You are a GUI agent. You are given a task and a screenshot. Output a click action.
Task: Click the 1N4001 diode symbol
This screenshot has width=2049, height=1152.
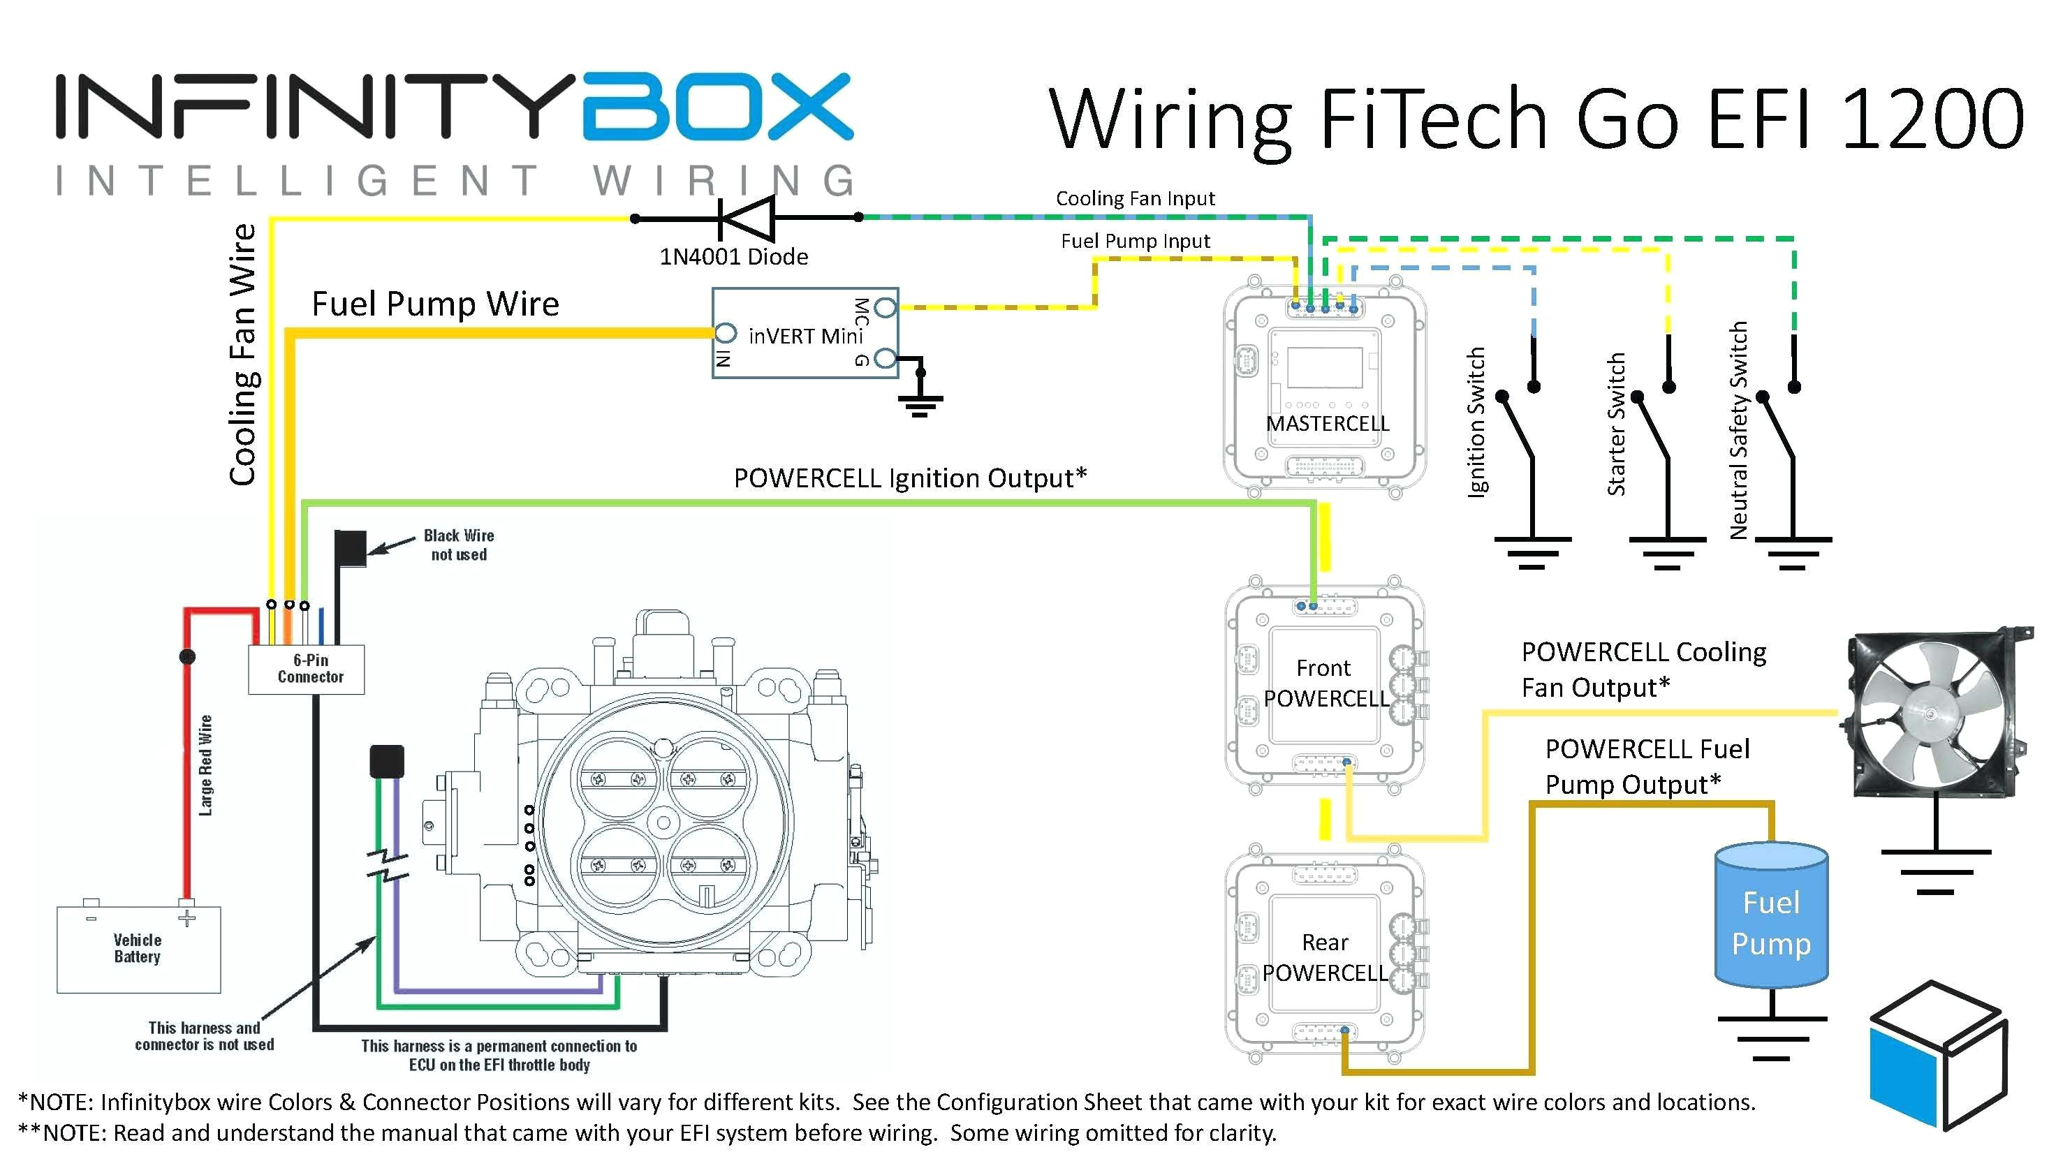tap(746, 217)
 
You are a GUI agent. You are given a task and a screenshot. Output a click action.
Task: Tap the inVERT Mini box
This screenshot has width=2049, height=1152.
tap(805, 334)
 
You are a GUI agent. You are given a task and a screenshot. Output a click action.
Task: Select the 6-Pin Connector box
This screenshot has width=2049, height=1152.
tap(307, 670)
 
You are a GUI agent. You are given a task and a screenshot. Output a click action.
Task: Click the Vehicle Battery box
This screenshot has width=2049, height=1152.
tap(138, 950)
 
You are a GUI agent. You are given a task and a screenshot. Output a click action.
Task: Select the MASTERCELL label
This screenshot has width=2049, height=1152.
tap(1327, 424)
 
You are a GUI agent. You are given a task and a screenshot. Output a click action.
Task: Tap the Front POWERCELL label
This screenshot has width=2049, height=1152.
tap(1324, 683)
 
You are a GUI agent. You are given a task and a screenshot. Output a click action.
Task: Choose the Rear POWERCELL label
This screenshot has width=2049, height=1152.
tap(1324, 957)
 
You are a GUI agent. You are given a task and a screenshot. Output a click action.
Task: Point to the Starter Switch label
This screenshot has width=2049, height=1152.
tap(1615, 424)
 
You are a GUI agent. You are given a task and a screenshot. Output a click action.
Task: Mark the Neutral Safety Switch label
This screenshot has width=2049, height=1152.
tap(1739, 430)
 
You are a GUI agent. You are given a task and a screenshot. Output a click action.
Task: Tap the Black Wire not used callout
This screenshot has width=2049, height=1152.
tap(458, 545)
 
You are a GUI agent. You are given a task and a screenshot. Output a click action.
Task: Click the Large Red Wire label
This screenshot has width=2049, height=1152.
tap(206, 765)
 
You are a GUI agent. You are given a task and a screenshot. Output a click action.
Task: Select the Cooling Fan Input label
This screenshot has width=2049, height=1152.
tap(1135, 199)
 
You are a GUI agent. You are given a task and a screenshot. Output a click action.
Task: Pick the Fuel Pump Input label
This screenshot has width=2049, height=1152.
tap(1135, 241)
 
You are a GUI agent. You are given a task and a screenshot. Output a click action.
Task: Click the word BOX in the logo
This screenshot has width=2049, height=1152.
tap(717, 108)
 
